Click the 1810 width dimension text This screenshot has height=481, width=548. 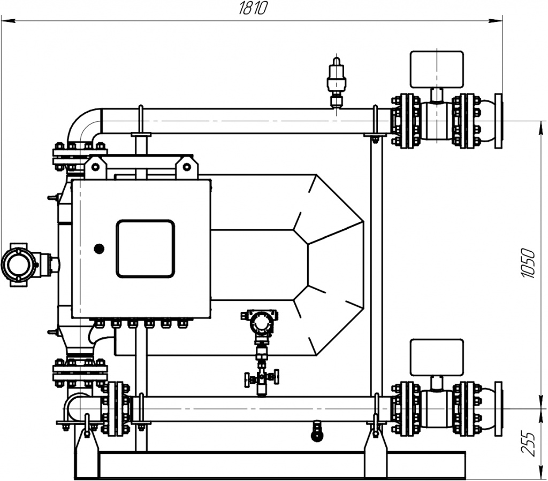click(253, 8)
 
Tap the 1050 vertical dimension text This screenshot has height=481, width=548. click(528, 263)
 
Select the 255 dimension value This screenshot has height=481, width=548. click(528, 444)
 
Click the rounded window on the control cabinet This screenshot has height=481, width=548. click(146, 249)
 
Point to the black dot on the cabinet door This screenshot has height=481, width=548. click(99, 249)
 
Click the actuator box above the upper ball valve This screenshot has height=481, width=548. click(437, 69)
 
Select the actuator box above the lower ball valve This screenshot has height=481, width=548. click(437, 357)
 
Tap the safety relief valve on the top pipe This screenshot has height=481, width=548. click(336, 82)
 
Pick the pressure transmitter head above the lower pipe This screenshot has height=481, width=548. click(260, 322)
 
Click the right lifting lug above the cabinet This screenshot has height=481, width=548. click(187, 167)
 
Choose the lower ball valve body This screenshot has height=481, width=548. click(436, 408)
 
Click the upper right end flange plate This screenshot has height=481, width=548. click(499, 121)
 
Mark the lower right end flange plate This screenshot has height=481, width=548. click(499, 408)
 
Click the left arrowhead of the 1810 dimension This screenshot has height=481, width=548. click(8, 21)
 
